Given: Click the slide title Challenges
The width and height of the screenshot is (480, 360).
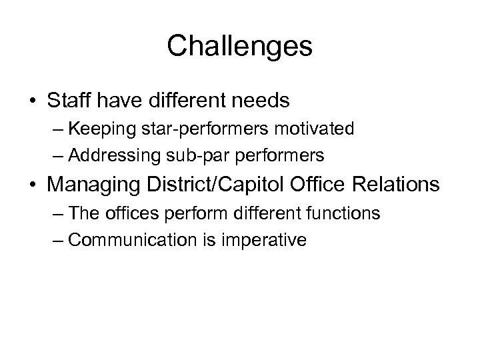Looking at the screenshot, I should click(239, 46).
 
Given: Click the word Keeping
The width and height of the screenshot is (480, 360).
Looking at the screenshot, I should click(94, 129).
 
